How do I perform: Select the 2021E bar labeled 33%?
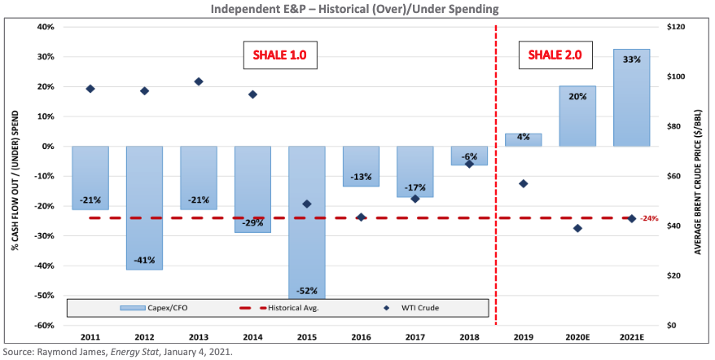[x=631, y=98]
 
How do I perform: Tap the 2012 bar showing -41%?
[x=144, y=208]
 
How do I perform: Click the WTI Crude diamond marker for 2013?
[x=199, y=81]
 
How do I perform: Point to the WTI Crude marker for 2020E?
[x=577, y=228]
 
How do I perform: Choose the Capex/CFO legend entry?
[x=147, y=307]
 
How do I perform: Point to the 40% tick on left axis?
[x=45, y=27]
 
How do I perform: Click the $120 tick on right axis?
[x=677, y=27]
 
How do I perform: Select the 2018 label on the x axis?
[x=469, y=336]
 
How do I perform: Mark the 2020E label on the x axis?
[x=577, y=336]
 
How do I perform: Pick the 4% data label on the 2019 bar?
[x=523, y=137]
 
